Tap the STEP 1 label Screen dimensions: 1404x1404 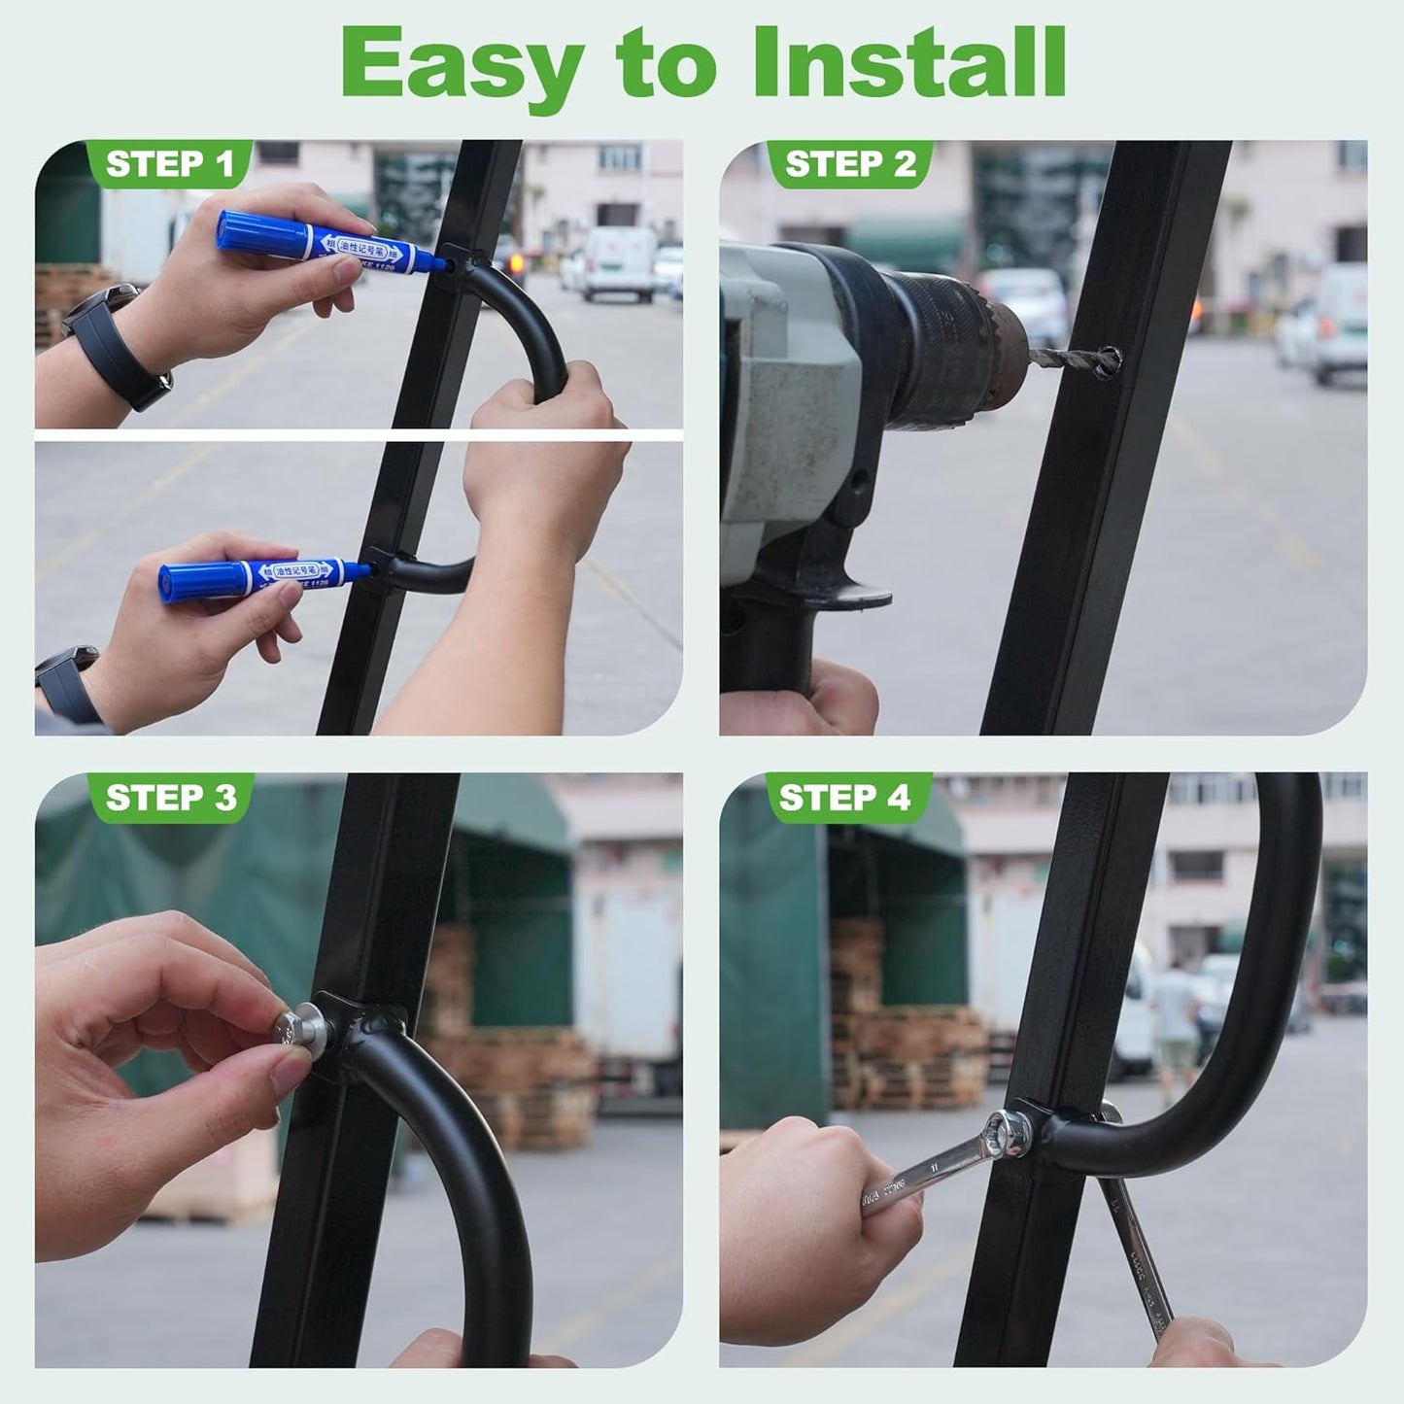170,164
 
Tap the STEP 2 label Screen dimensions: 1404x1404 850,164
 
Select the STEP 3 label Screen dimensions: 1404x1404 170,798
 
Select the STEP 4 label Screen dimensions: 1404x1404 844,798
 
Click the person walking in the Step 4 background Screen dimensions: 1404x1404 1176,1020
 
